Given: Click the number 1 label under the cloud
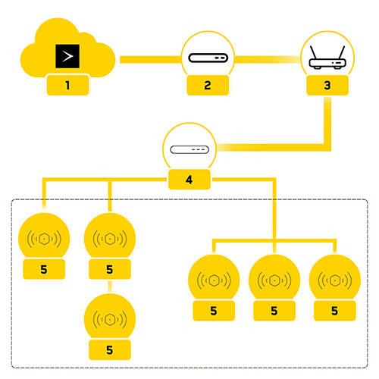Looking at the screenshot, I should tap(67, 85).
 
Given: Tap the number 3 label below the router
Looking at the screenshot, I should tap(327, 85).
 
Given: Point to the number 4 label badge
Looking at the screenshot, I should tap(189, 180).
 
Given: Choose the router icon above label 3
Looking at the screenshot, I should tap(327, 58).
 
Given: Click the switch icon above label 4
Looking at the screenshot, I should tap(189, 149).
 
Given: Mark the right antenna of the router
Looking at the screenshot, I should tap(338, 50).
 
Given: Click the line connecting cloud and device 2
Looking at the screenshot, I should tap(148, 58).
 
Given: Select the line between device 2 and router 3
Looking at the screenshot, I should tap(267, 58).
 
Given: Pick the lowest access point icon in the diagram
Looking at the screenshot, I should tap(110, 318).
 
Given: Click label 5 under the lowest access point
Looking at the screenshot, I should tap(110, 349).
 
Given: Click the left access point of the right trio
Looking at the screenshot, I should tap(214, 280).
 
